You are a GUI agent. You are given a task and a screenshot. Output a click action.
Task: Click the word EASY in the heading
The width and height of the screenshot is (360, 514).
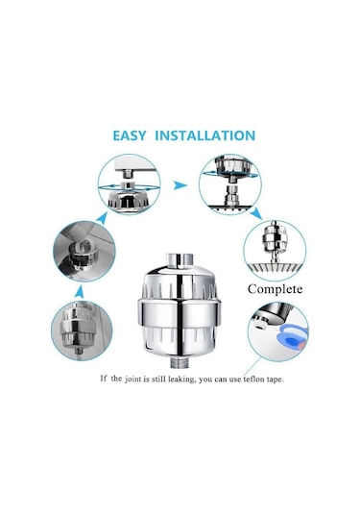[x=130, y=135]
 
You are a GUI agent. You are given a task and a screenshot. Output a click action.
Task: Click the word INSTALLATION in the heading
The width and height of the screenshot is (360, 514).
[x=205, y=135]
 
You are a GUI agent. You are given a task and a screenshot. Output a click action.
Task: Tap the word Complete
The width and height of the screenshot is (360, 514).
[x=275, y=289]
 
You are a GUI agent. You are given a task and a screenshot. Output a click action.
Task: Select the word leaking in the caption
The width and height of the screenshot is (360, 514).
[x=181, y=379]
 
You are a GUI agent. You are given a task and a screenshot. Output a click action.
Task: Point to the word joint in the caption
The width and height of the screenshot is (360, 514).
[x=132, y=379]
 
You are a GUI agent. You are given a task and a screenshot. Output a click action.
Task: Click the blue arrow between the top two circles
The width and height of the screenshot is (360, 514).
[x=180, y=185]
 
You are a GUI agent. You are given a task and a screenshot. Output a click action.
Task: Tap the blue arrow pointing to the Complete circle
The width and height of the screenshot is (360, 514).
[x=255, y=213]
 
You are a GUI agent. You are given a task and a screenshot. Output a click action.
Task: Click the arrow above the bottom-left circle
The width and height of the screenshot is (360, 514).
[x=79, y=292]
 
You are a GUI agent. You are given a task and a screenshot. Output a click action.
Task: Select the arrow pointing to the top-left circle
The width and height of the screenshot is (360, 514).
[x=102, y=218]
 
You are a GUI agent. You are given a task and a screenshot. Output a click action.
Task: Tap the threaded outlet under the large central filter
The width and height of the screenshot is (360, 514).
[x=177, y=362]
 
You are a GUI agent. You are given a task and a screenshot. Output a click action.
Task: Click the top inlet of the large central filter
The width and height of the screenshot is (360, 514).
[x=179, y=259]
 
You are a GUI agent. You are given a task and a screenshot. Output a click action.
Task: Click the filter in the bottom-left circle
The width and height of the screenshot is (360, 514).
[x=75, y=328]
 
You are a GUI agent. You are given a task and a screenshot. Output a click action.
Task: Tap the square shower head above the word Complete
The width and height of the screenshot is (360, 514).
[x=275, y=268]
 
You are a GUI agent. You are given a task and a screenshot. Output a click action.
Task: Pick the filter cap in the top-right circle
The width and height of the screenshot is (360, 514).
[x=232, y=165]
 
